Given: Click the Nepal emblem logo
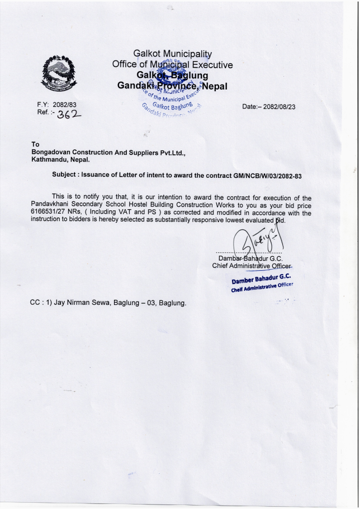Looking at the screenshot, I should [58, 74].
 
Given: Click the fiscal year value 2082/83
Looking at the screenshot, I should [64, 105].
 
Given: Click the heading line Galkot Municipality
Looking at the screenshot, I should [173, 54].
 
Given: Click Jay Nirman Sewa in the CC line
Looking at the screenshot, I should [81, 303].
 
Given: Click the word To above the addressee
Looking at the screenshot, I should [36, 144].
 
